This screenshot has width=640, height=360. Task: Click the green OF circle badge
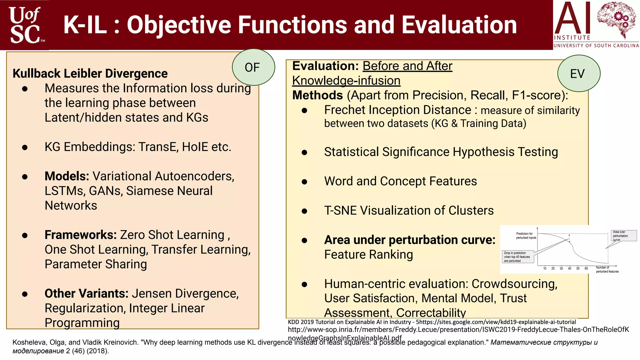point(253,67)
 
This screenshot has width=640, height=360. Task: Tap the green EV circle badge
point(578,73)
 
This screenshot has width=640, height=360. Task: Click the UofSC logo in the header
point(25,25)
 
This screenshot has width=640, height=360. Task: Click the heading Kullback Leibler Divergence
point(90,73)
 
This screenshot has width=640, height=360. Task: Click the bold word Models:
point(67,176)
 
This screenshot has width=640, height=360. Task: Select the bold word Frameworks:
point(81,235)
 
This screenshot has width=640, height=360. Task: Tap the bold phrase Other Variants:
point(87,294)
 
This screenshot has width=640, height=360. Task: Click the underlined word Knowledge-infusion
point(346,81)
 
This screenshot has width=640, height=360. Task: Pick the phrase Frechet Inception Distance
point(397,110)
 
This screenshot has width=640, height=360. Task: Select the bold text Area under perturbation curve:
point(410,240)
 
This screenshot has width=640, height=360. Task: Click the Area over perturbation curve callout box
point(623,236)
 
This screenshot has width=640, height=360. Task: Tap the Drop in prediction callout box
point(518,257)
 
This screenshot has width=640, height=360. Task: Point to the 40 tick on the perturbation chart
point(569,268)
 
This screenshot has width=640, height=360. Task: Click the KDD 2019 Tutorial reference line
point(432,322)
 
